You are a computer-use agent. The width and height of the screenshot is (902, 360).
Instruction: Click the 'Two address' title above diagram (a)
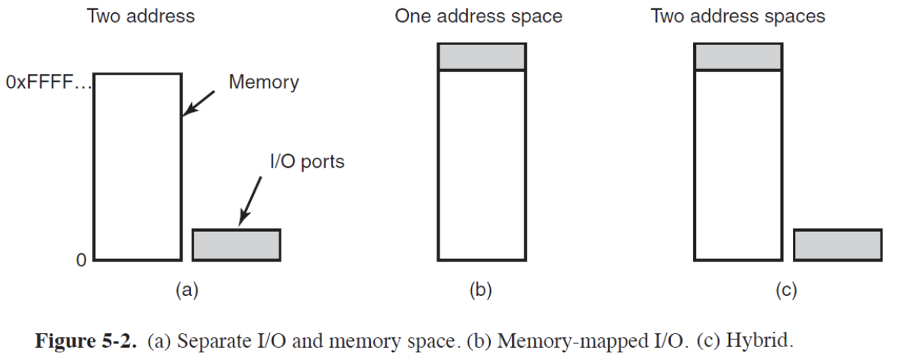tap(141, 16)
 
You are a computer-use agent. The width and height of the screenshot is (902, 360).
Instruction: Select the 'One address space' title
tap(478, 16)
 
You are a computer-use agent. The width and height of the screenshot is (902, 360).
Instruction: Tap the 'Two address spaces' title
tap(737, 16)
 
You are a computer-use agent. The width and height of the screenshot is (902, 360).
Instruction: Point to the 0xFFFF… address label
tap(47, 82)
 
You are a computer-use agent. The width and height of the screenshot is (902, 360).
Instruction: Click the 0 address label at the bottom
tap(80, 261)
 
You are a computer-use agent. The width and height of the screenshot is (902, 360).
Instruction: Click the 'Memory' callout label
tap(264, 82)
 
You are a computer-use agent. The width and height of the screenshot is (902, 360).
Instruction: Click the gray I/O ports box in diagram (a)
tap(236, 244)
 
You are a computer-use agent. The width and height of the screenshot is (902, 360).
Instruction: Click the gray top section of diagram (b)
tap(482, 56)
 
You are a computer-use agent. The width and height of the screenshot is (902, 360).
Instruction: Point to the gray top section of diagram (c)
tap(738, 56)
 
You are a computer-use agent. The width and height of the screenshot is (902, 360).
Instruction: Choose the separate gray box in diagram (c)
tap(837, 244)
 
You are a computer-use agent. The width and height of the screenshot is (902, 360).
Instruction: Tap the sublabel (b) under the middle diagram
tap(480, 290)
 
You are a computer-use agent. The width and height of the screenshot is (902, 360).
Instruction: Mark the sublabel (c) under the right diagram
tap(786, 290)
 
